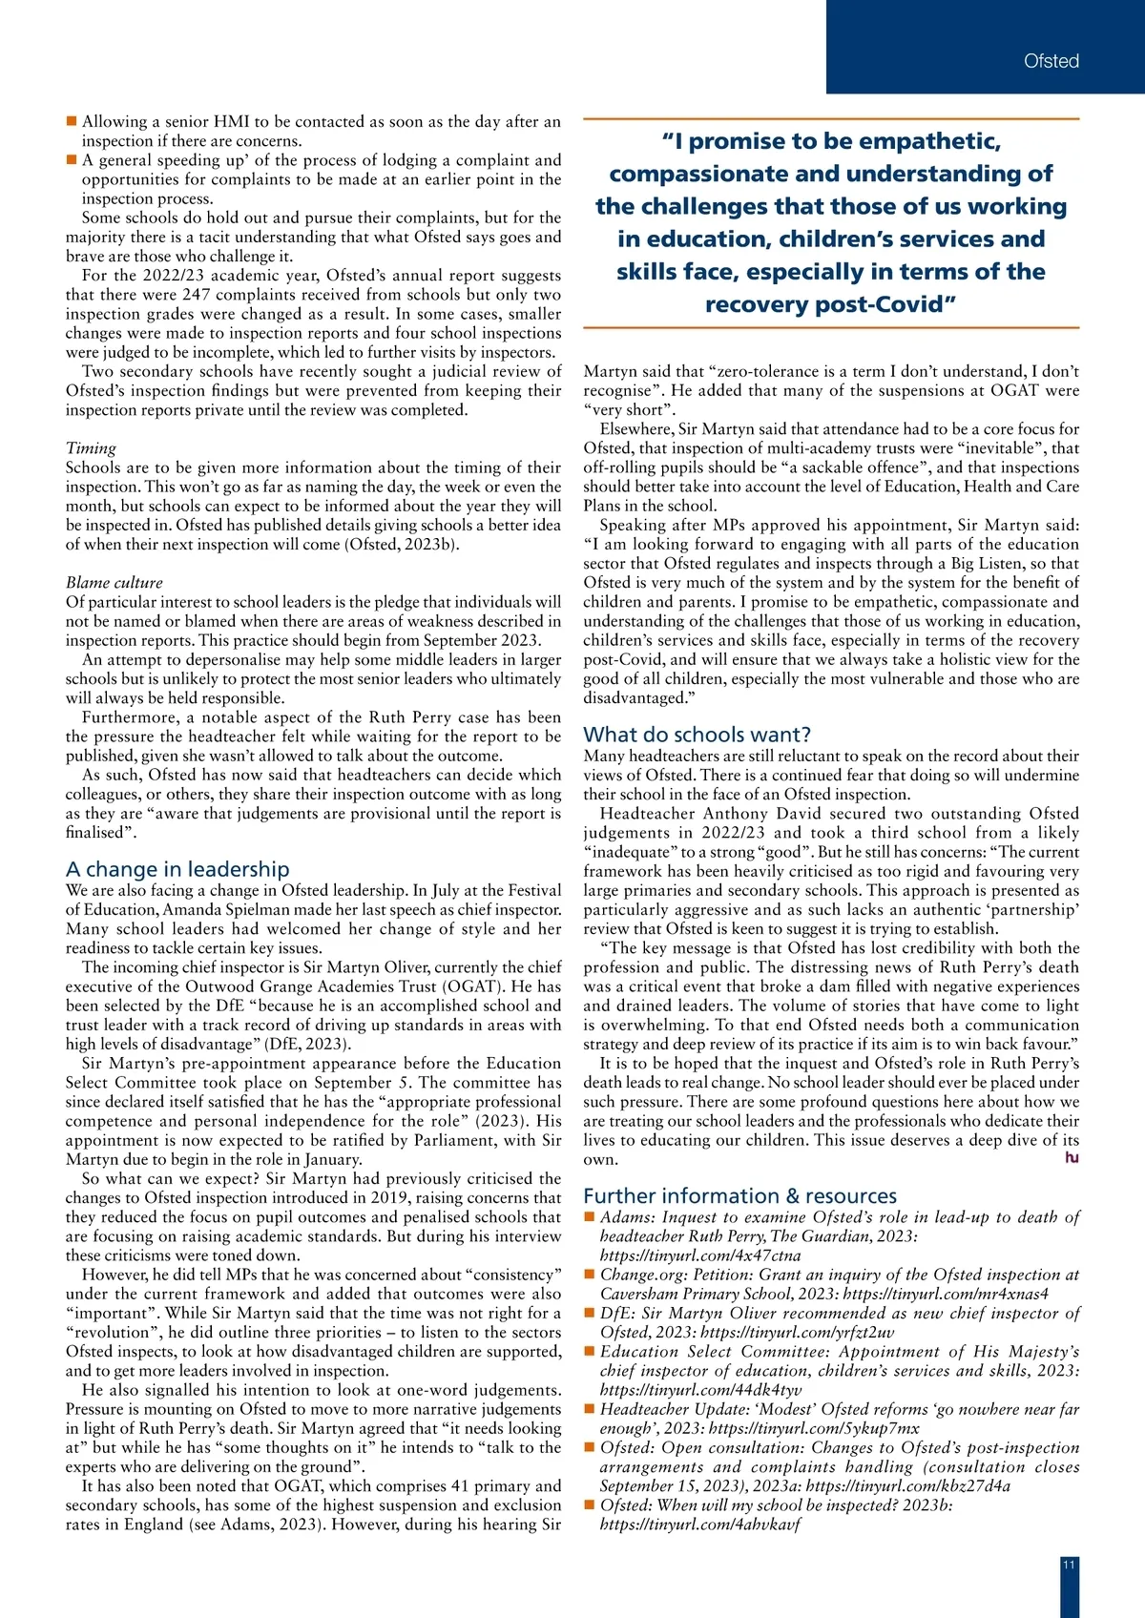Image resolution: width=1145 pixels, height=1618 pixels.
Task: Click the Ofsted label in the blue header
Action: click(1051, 61)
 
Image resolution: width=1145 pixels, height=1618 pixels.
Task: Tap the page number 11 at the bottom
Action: click(1069, 1565)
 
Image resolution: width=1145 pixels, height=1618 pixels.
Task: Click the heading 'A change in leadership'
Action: click(177, 869)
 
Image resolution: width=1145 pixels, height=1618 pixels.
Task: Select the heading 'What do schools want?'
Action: click(697, 735)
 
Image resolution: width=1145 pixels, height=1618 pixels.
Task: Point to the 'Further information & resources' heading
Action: click(740, 1196)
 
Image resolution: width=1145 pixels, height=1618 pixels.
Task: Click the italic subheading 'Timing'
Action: click(91, 448)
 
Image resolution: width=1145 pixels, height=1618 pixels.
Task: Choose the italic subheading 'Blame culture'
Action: click(114, 583)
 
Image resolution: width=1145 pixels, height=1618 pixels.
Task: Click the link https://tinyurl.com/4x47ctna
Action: click(700, 1256)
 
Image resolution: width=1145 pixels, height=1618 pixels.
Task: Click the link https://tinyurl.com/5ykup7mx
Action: click(815, 1429)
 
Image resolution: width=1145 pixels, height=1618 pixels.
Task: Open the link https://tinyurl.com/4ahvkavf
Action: click(700, 1525)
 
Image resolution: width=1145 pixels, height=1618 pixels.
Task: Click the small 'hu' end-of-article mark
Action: click(1072, 1158)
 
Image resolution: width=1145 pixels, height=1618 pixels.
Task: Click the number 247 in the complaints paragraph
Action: click(197, 295)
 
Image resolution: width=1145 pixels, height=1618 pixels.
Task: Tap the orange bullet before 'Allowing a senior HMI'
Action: click(72, 121)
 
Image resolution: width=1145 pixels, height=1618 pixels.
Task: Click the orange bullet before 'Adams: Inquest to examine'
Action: click(590, 1217)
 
